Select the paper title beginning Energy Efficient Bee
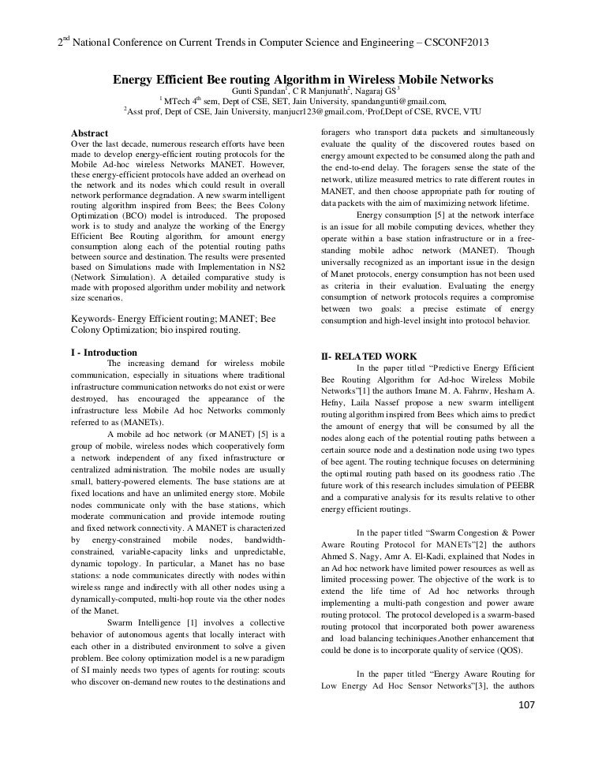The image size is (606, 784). pos(303,80)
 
